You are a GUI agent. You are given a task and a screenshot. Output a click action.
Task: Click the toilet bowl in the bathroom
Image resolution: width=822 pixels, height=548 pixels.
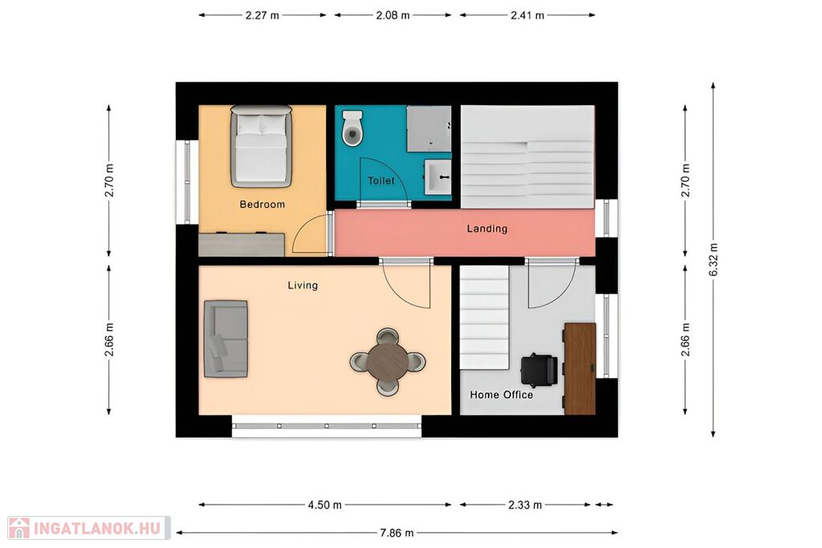click(352, 128)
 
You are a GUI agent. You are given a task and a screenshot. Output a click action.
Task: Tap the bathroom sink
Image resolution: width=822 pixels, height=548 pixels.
click(437, 177)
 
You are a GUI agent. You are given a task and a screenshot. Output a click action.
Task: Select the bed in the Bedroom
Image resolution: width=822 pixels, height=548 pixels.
click(261, 146)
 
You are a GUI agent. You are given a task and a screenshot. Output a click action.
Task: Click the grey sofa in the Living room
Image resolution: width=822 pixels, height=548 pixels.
click(226, 339)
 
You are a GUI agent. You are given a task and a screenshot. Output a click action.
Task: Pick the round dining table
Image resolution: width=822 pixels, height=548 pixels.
click(388, 362)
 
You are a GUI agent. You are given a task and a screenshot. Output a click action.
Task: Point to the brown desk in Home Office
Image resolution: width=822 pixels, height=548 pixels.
click(580, 368)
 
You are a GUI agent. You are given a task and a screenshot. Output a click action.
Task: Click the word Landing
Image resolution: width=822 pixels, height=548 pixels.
click(487, 229)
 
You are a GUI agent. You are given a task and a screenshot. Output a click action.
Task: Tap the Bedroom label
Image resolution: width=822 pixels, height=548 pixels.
click(262, 205)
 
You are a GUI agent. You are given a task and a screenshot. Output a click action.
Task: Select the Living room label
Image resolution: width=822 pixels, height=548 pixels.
click(303, 285)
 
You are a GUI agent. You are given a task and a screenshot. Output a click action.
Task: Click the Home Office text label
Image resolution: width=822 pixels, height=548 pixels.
click(501, 395)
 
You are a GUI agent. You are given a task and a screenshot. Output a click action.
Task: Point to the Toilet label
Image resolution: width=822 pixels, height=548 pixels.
click(381, 181)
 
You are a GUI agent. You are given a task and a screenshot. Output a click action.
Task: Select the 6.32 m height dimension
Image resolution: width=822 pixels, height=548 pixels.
click(713, 259)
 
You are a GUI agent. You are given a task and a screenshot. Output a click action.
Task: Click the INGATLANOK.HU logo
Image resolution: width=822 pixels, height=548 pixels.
click(89, 528)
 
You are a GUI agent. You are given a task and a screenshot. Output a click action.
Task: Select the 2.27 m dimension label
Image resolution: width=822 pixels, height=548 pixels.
click(262, 15)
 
